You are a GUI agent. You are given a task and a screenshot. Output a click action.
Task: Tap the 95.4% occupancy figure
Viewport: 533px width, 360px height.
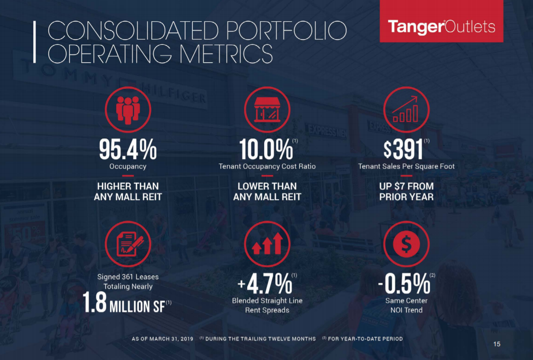coord(128,149)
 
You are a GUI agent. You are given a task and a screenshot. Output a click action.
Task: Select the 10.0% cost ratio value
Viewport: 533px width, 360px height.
coord(266,149)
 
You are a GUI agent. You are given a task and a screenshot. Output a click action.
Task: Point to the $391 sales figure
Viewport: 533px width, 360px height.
coord(404,149)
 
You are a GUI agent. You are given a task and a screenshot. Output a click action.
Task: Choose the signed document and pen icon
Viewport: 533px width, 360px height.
coord(128,244)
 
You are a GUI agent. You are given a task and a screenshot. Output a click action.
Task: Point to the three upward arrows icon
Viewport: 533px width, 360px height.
coord(267,244)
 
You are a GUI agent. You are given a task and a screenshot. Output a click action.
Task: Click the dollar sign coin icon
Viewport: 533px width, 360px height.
coord(406,244)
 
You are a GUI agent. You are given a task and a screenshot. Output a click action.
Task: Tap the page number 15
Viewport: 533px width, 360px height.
coord(497,344)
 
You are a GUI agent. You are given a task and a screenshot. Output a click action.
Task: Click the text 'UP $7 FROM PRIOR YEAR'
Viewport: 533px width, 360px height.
coord(406,191)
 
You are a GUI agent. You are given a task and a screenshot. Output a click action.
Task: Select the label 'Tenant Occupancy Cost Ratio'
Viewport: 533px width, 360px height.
coord(267,167)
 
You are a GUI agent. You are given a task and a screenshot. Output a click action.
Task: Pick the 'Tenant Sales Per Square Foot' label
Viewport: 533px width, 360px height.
coord(406,167)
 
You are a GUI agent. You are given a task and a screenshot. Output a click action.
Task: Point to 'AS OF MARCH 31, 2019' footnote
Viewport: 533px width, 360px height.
coord(162,339)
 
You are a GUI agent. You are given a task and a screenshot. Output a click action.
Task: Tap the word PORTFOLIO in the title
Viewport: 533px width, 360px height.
coord(280,31)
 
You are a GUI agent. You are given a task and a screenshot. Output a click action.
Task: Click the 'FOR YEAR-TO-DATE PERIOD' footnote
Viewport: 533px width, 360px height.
coord(365,339)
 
